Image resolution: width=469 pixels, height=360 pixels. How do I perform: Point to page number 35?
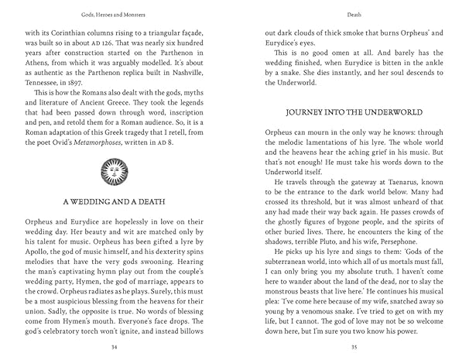(352, 348)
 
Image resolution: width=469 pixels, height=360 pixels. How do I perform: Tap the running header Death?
(352, 14)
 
